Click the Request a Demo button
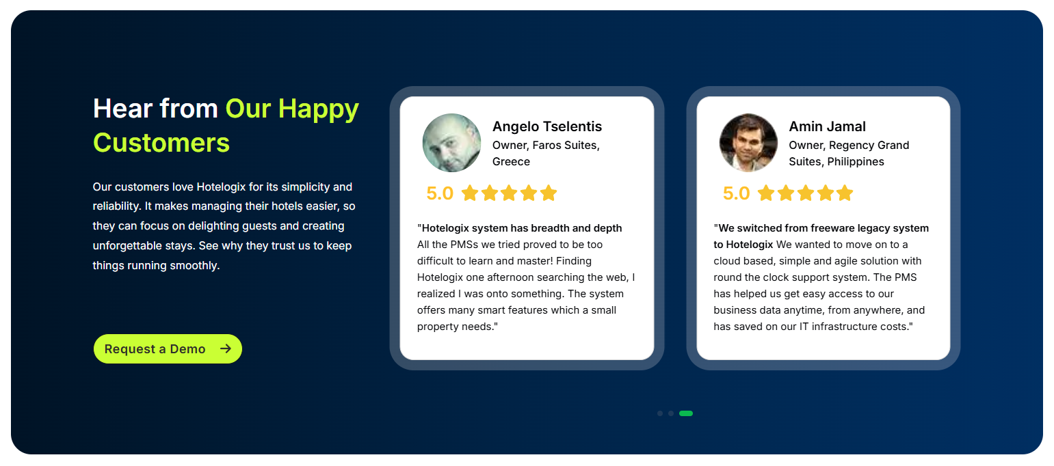point(167,349)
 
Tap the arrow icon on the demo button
point(226,349)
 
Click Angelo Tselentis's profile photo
point(451,143)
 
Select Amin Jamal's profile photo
point(748,143)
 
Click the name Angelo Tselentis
point(547,126)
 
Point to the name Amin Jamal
point(827,126)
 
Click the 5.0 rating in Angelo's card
point(440,193)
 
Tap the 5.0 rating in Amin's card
point(736,193)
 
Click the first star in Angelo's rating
point(470,193)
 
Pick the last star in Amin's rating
point(845,193)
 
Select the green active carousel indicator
point(686,413)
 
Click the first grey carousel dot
point(659,413)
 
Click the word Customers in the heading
point(161,143)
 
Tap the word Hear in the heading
point(120,109)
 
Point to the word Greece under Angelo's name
point(511,162)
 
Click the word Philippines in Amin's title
point(856,162)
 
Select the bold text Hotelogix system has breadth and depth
point(522,228)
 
